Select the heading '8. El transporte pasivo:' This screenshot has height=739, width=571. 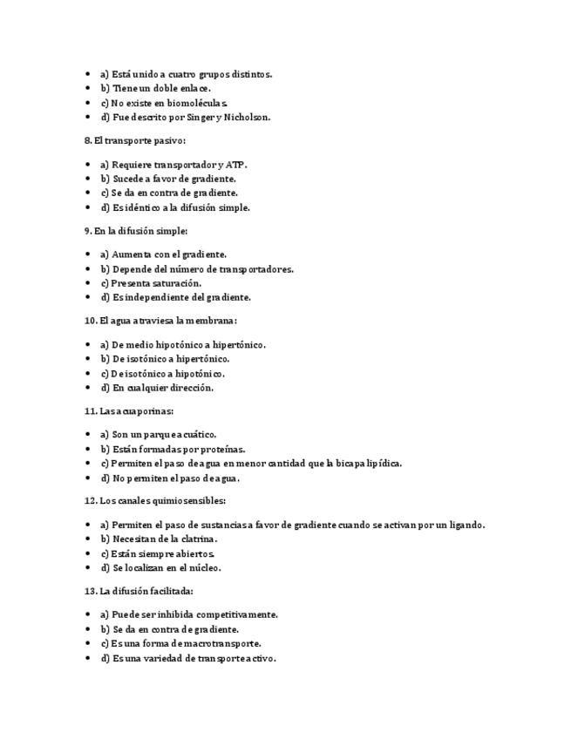[x=135, y=140]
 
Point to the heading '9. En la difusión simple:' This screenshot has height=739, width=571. [x=136, y=231]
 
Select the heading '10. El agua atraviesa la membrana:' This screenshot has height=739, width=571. [x=160, y=321]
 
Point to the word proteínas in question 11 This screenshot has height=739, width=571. [x=225, y=449]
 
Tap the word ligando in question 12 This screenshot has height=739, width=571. [x=466, y=525]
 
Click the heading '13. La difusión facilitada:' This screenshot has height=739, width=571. [x=133, y=591]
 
